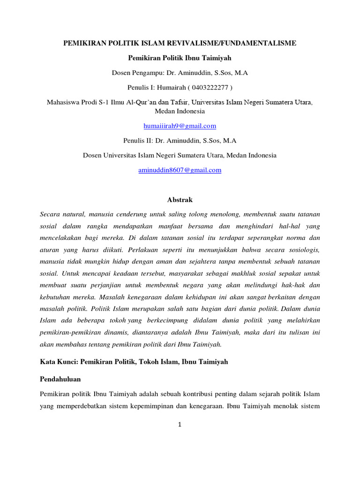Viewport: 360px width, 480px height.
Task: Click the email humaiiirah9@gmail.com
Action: click(x=180, y=126)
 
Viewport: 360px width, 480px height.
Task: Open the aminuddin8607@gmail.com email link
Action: click(x=180, y=170)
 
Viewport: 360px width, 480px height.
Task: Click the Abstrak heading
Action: click(x=180, y=200)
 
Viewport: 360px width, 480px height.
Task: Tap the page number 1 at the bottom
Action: click(x=180, y=425)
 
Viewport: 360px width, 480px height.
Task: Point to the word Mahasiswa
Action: click(x=63, y=102)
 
